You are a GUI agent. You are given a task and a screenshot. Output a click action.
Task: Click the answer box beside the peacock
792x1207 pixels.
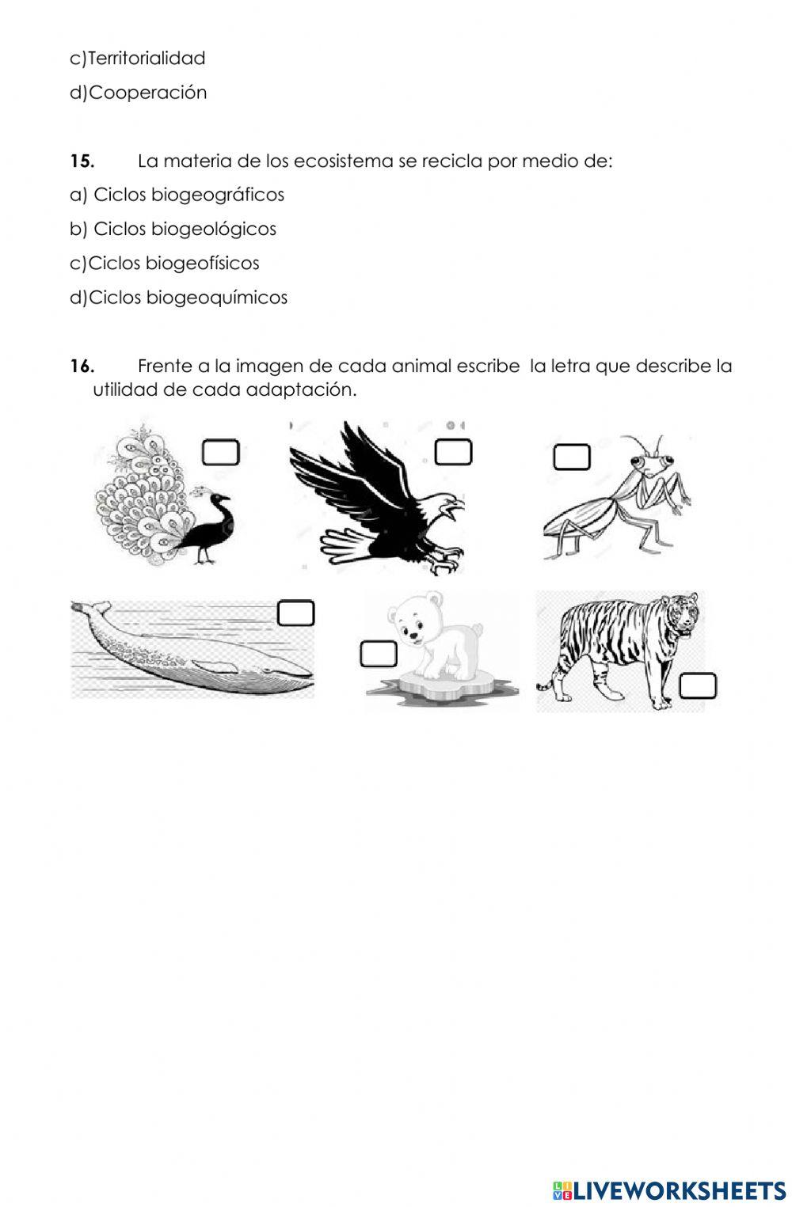point(220,453)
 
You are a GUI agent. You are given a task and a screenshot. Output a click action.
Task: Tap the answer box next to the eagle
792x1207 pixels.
point(453,452)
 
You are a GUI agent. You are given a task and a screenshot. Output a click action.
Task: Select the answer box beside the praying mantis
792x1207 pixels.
point(571,457)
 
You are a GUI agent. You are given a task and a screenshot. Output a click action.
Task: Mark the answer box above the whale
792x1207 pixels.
point(296,613)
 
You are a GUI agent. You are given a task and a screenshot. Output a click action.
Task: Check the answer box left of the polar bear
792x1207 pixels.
point(379,655)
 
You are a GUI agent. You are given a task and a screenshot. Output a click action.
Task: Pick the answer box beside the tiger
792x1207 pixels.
point(698,685)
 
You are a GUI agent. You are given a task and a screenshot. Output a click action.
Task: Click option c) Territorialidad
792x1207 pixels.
point(138,58)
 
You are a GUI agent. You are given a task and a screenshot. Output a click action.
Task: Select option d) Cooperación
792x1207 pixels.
point(139,93)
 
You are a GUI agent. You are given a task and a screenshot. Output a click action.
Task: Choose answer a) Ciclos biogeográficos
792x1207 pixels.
point(177,195)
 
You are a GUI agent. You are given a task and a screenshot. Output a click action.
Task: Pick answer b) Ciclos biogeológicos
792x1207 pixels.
point(173,229)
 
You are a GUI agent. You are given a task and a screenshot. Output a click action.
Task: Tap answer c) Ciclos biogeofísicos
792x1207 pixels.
point(165,263)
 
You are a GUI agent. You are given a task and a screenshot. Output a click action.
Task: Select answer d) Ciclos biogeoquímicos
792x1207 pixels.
point(179,298)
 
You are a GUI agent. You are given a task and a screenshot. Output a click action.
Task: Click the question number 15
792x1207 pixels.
point(82,161)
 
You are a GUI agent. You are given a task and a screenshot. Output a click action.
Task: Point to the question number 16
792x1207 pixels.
point(82,366)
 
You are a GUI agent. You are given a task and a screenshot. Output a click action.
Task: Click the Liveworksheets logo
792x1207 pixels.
point(669,1190)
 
